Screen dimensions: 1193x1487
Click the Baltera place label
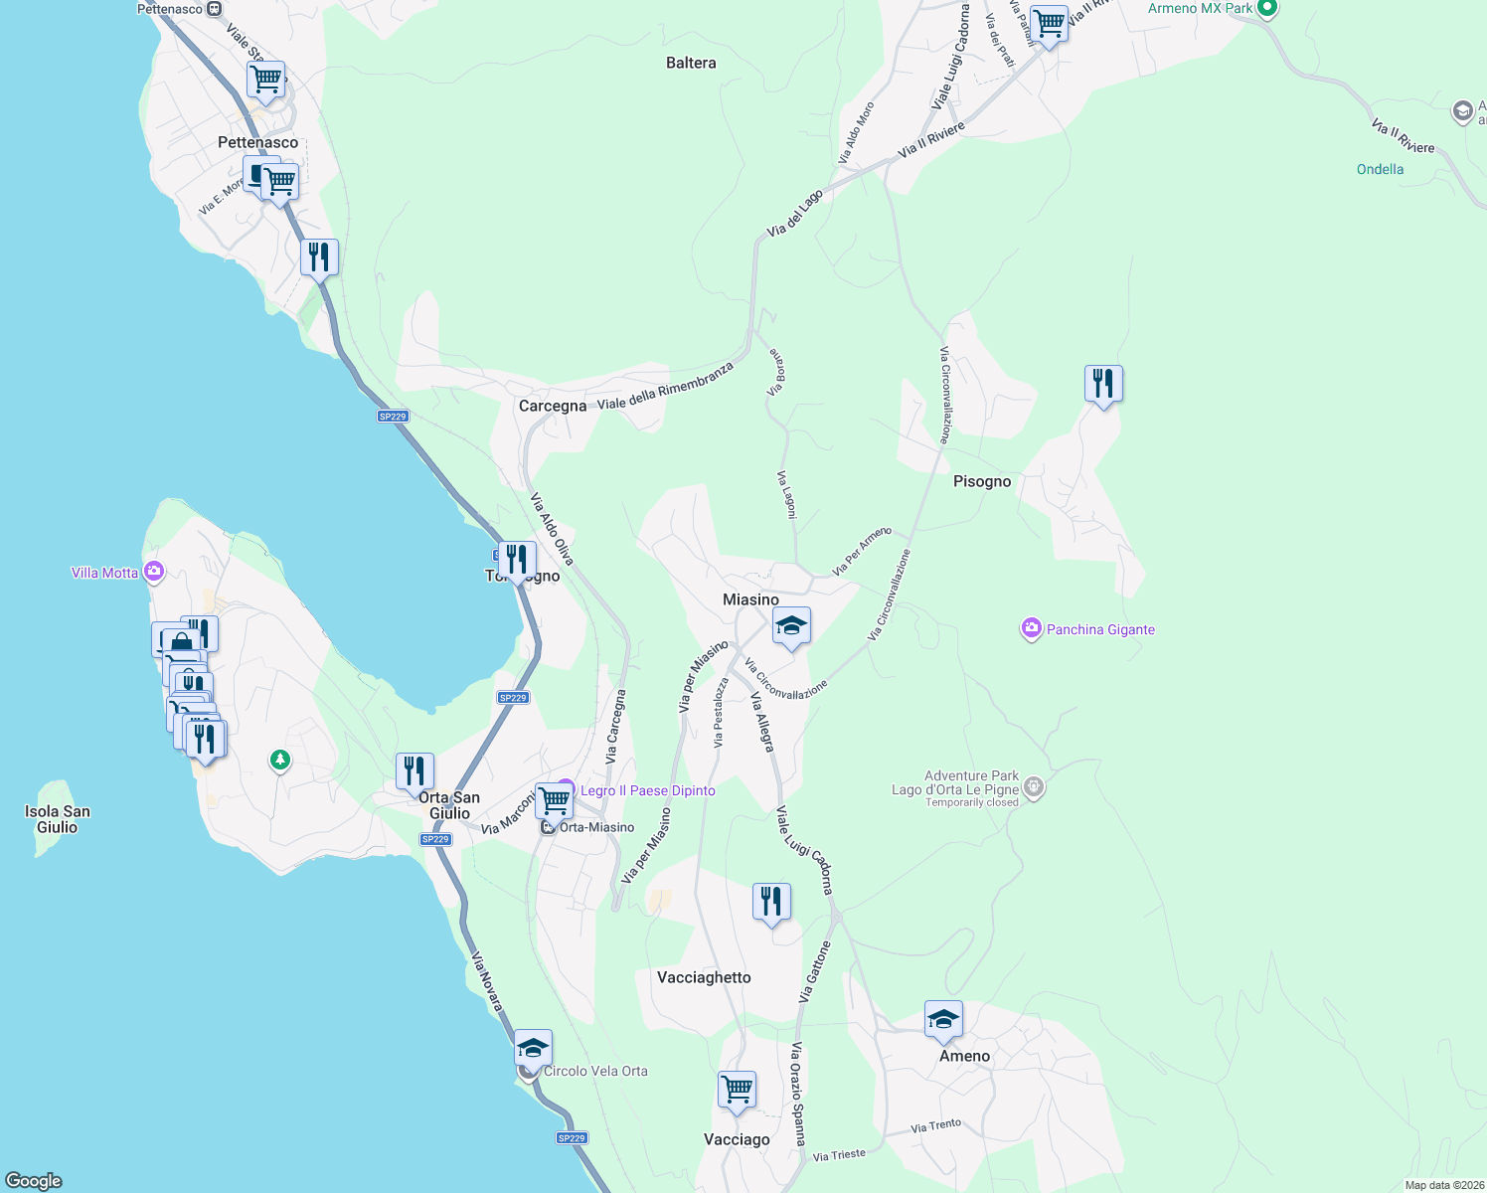[691, 63]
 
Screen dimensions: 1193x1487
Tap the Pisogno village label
[981, 481]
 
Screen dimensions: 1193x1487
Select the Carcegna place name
[553, 406]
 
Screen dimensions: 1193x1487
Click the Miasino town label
[750, 599]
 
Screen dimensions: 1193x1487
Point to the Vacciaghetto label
[704, 977]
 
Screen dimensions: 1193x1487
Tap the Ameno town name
[964, 1056]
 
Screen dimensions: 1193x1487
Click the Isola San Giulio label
[58, 819]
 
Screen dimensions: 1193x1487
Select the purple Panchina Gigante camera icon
[1031, 628]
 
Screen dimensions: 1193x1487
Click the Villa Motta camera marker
[153, 572]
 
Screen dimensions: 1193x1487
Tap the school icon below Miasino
[791, 626]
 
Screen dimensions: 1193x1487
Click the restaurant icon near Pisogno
[1103, 383]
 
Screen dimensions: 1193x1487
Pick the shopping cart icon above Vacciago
[738, 1089]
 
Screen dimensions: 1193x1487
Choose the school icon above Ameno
[943, 1019]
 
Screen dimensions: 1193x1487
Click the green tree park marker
[280, 761]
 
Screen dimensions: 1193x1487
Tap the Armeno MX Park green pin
[1266, 9]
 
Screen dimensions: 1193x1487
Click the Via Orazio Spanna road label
[797, 1094]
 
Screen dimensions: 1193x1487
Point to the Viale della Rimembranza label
[665, 386]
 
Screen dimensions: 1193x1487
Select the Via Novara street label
[486, 981]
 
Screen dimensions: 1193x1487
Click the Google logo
[34, 1180]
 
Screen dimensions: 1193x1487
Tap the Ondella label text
[1380, 169]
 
